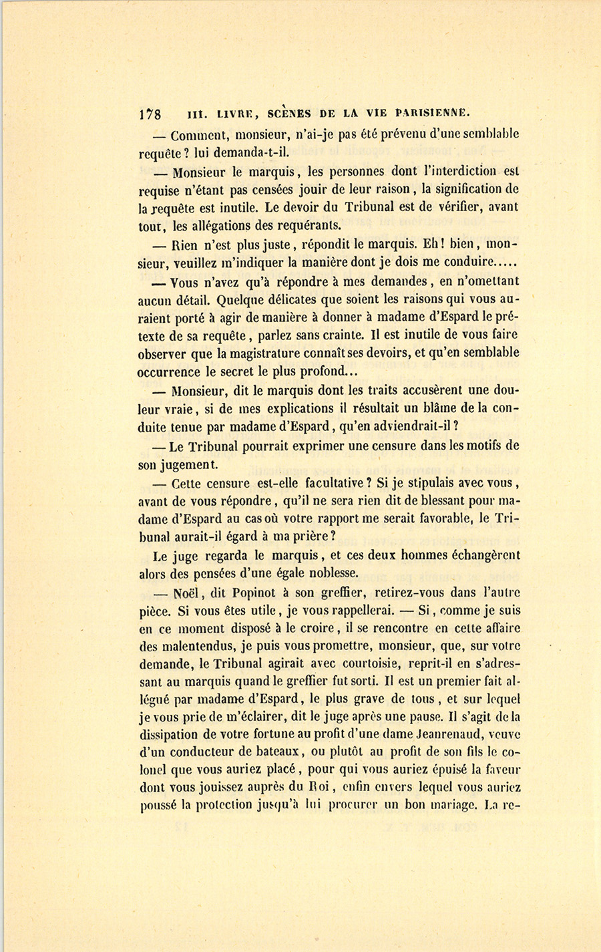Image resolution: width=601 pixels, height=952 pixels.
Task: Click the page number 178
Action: coord(150,112)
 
